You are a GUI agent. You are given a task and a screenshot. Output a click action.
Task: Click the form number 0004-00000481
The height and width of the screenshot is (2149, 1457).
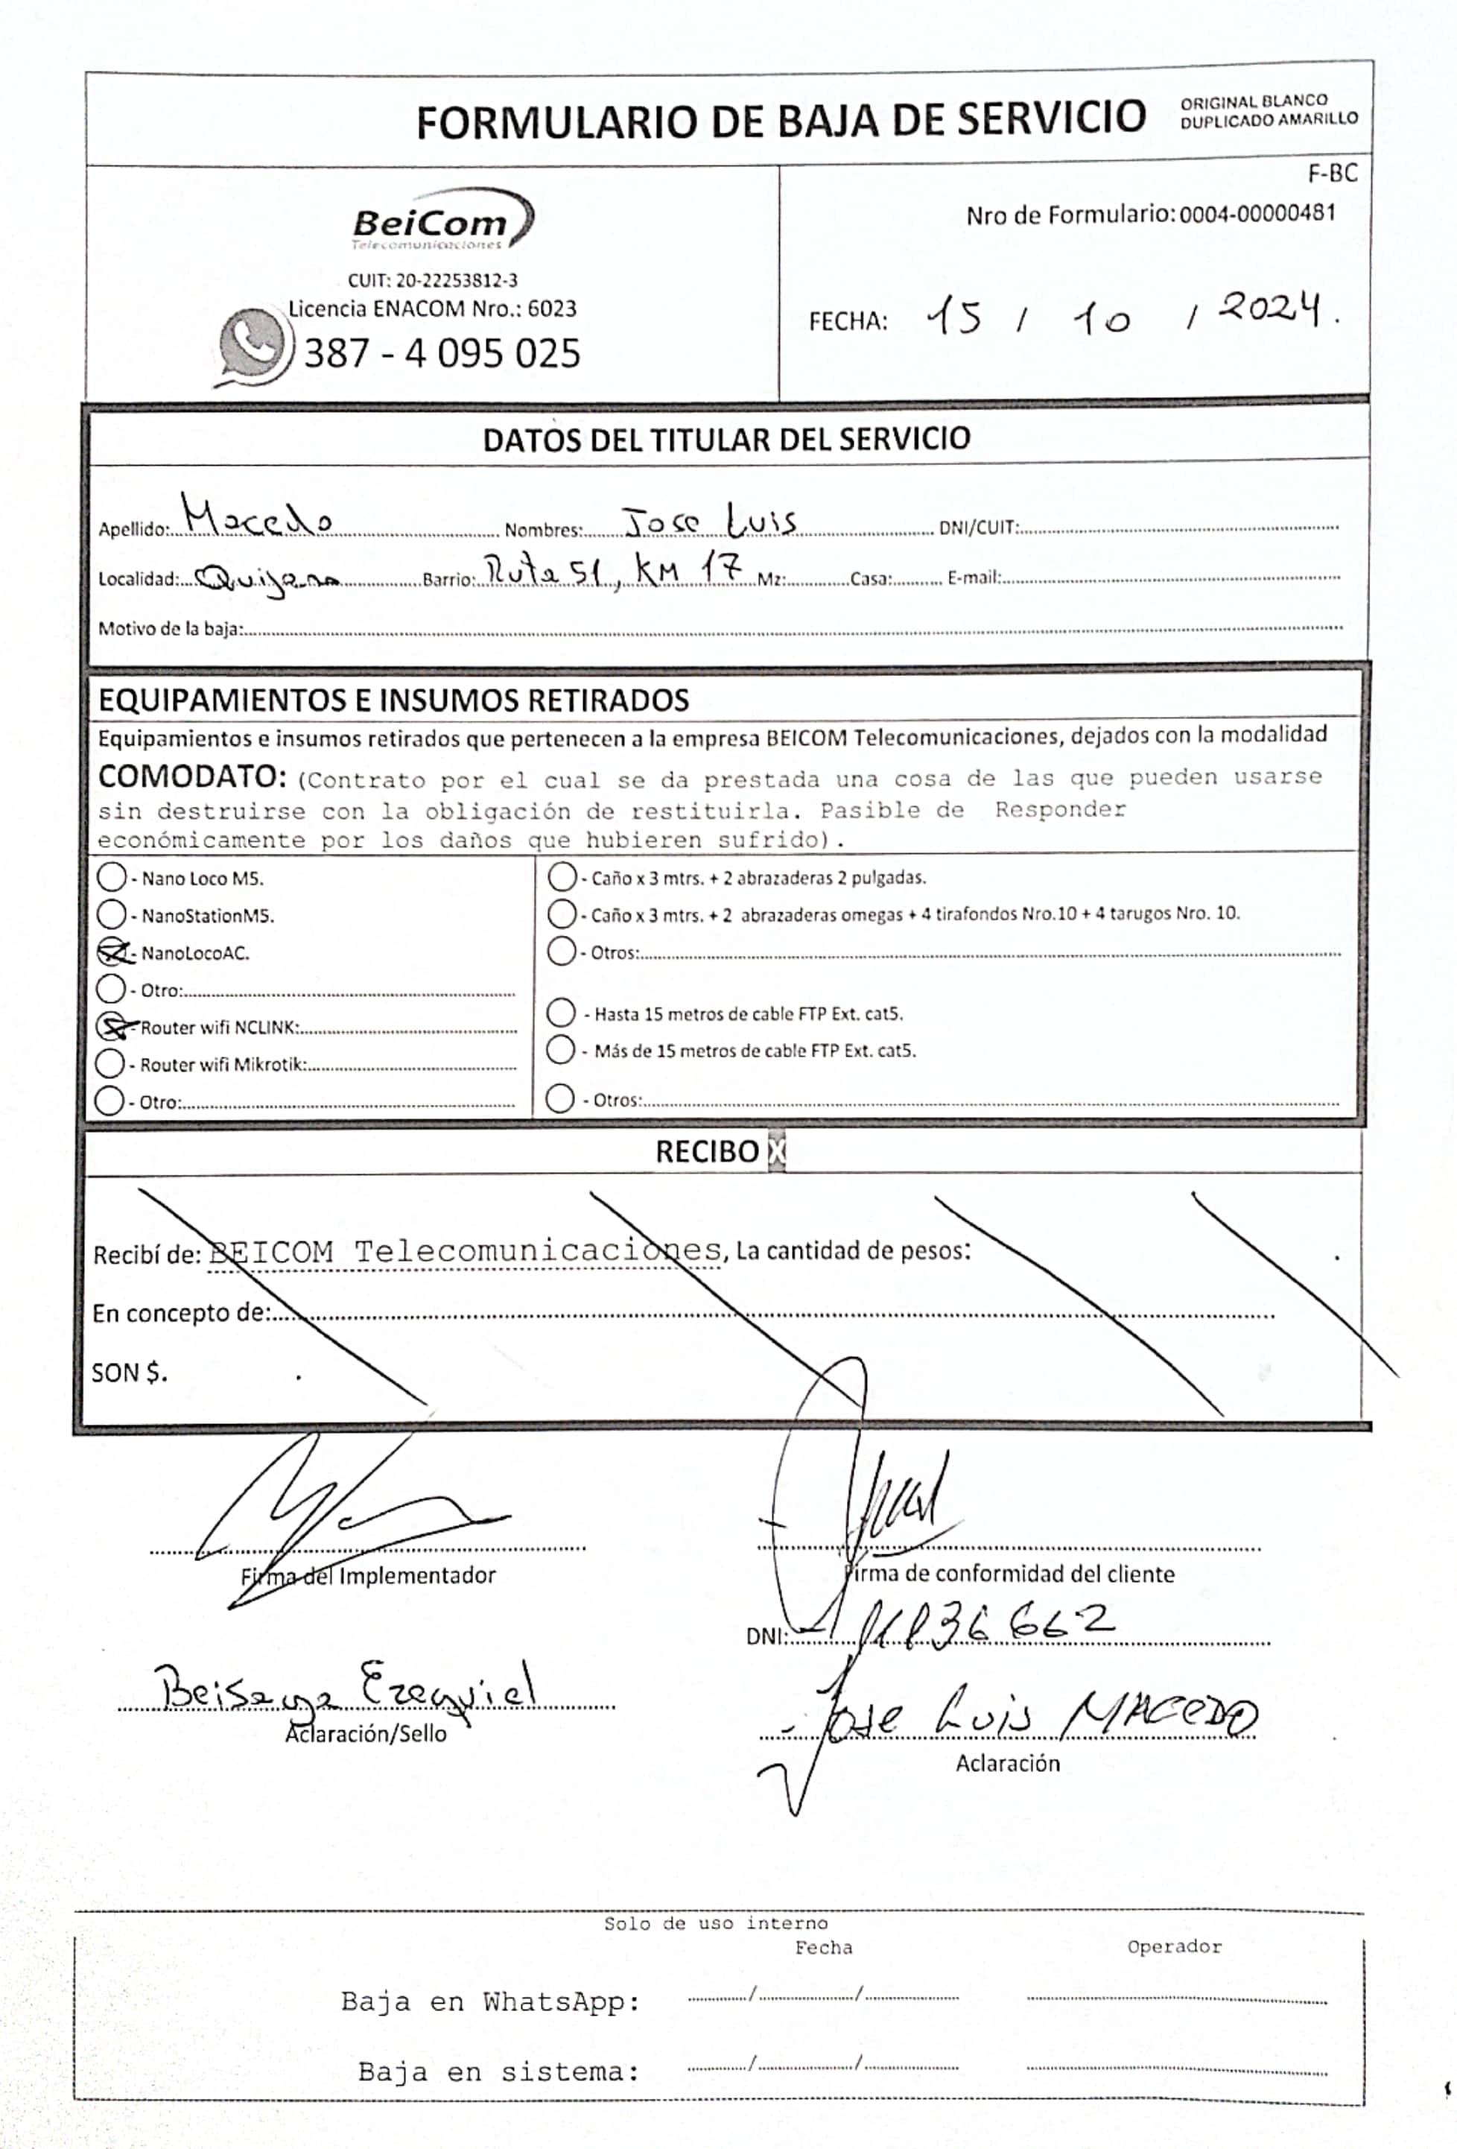(1257, 214)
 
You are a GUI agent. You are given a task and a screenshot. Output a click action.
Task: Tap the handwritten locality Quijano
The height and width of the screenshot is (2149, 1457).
(268, 580)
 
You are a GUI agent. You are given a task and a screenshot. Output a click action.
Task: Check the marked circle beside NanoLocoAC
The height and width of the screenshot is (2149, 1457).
(112, 952)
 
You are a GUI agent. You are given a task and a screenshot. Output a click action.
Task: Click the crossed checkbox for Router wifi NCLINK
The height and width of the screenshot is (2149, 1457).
(112, 1026)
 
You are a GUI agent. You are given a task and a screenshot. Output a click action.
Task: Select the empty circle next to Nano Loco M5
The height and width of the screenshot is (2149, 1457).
(112, 876)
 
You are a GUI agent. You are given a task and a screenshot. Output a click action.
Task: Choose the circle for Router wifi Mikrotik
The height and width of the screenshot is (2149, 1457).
(110, 1063)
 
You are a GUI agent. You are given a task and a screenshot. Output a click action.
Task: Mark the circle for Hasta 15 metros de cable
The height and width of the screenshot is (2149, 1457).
(561, 1013)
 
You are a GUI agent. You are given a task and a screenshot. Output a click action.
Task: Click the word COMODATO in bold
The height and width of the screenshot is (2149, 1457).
(192, 776)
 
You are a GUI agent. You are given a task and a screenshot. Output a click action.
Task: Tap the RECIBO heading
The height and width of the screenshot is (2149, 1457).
(707, 1151)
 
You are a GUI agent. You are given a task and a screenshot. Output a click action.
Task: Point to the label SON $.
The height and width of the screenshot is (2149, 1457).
(130, 1373)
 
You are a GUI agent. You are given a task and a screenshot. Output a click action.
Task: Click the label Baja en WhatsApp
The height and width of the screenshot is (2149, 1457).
(490, 2002)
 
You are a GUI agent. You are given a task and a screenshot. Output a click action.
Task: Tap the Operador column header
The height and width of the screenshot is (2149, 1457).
(1174, 1946)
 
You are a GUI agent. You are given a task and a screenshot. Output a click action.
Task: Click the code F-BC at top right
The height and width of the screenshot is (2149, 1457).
(1332, 174)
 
